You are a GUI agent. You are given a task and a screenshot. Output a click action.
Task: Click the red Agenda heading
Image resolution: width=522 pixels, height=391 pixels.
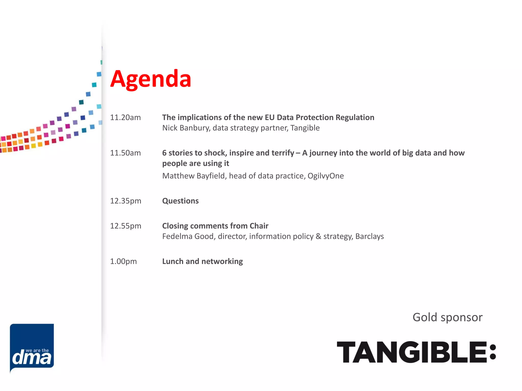151,79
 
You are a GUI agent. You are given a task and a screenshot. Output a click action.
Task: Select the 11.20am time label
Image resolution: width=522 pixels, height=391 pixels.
125,117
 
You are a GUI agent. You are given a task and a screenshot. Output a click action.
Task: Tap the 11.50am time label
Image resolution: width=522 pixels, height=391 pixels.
125,153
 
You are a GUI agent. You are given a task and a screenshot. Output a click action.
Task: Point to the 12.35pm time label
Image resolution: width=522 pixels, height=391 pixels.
126,201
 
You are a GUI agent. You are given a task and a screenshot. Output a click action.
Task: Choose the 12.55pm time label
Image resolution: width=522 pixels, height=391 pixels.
126,226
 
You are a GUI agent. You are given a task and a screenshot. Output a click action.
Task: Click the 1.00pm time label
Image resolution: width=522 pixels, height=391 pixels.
123,261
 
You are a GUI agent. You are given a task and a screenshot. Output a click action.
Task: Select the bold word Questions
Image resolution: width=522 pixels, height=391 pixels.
180,201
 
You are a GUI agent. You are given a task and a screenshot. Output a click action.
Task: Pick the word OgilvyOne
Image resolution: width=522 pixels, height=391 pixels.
325,176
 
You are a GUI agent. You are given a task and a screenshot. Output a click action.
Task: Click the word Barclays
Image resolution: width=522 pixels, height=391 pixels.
369,236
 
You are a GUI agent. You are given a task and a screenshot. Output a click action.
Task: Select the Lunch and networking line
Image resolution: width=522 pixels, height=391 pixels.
203,261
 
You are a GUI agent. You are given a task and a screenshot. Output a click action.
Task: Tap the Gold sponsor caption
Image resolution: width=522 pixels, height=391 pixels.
447,317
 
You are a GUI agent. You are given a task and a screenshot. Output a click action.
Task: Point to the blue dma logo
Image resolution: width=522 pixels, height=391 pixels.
32,347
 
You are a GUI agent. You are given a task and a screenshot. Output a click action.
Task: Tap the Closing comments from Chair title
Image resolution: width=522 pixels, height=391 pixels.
215,226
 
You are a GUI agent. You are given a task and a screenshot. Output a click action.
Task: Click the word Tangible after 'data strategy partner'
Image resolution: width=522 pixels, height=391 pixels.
305,128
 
